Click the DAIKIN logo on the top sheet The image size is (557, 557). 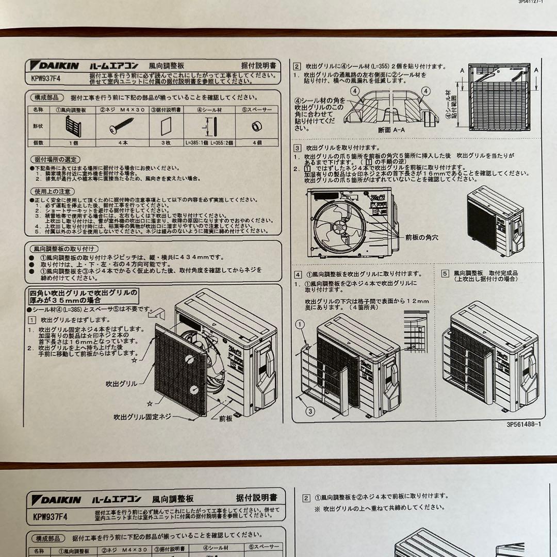click(56, 65)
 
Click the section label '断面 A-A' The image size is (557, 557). click(391, 130)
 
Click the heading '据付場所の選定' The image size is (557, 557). click(55, 159)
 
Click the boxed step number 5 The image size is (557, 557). click(445, 273)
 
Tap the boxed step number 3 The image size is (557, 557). click(298, 148)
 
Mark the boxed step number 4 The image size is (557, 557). click(298, 274)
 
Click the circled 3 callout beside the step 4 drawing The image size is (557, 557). click(309, 411)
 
